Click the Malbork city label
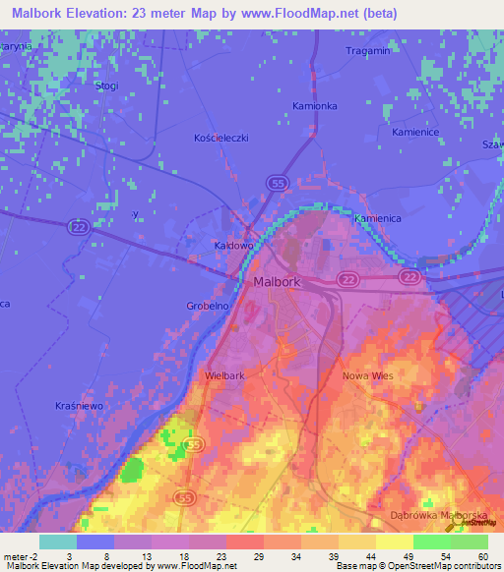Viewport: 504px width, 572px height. coord(276,283)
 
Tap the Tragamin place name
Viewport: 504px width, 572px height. coord(369,50)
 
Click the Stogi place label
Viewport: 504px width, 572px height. coord(107,86)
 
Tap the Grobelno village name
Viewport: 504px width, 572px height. coord(208,306)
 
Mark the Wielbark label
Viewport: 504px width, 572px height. coord(225,375)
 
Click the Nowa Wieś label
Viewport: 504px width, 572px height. coord(367,375)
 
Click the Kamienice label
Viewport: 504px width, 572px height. coord(413,131)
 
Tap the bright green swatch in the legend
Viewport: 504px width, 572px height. coord(431,542)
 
